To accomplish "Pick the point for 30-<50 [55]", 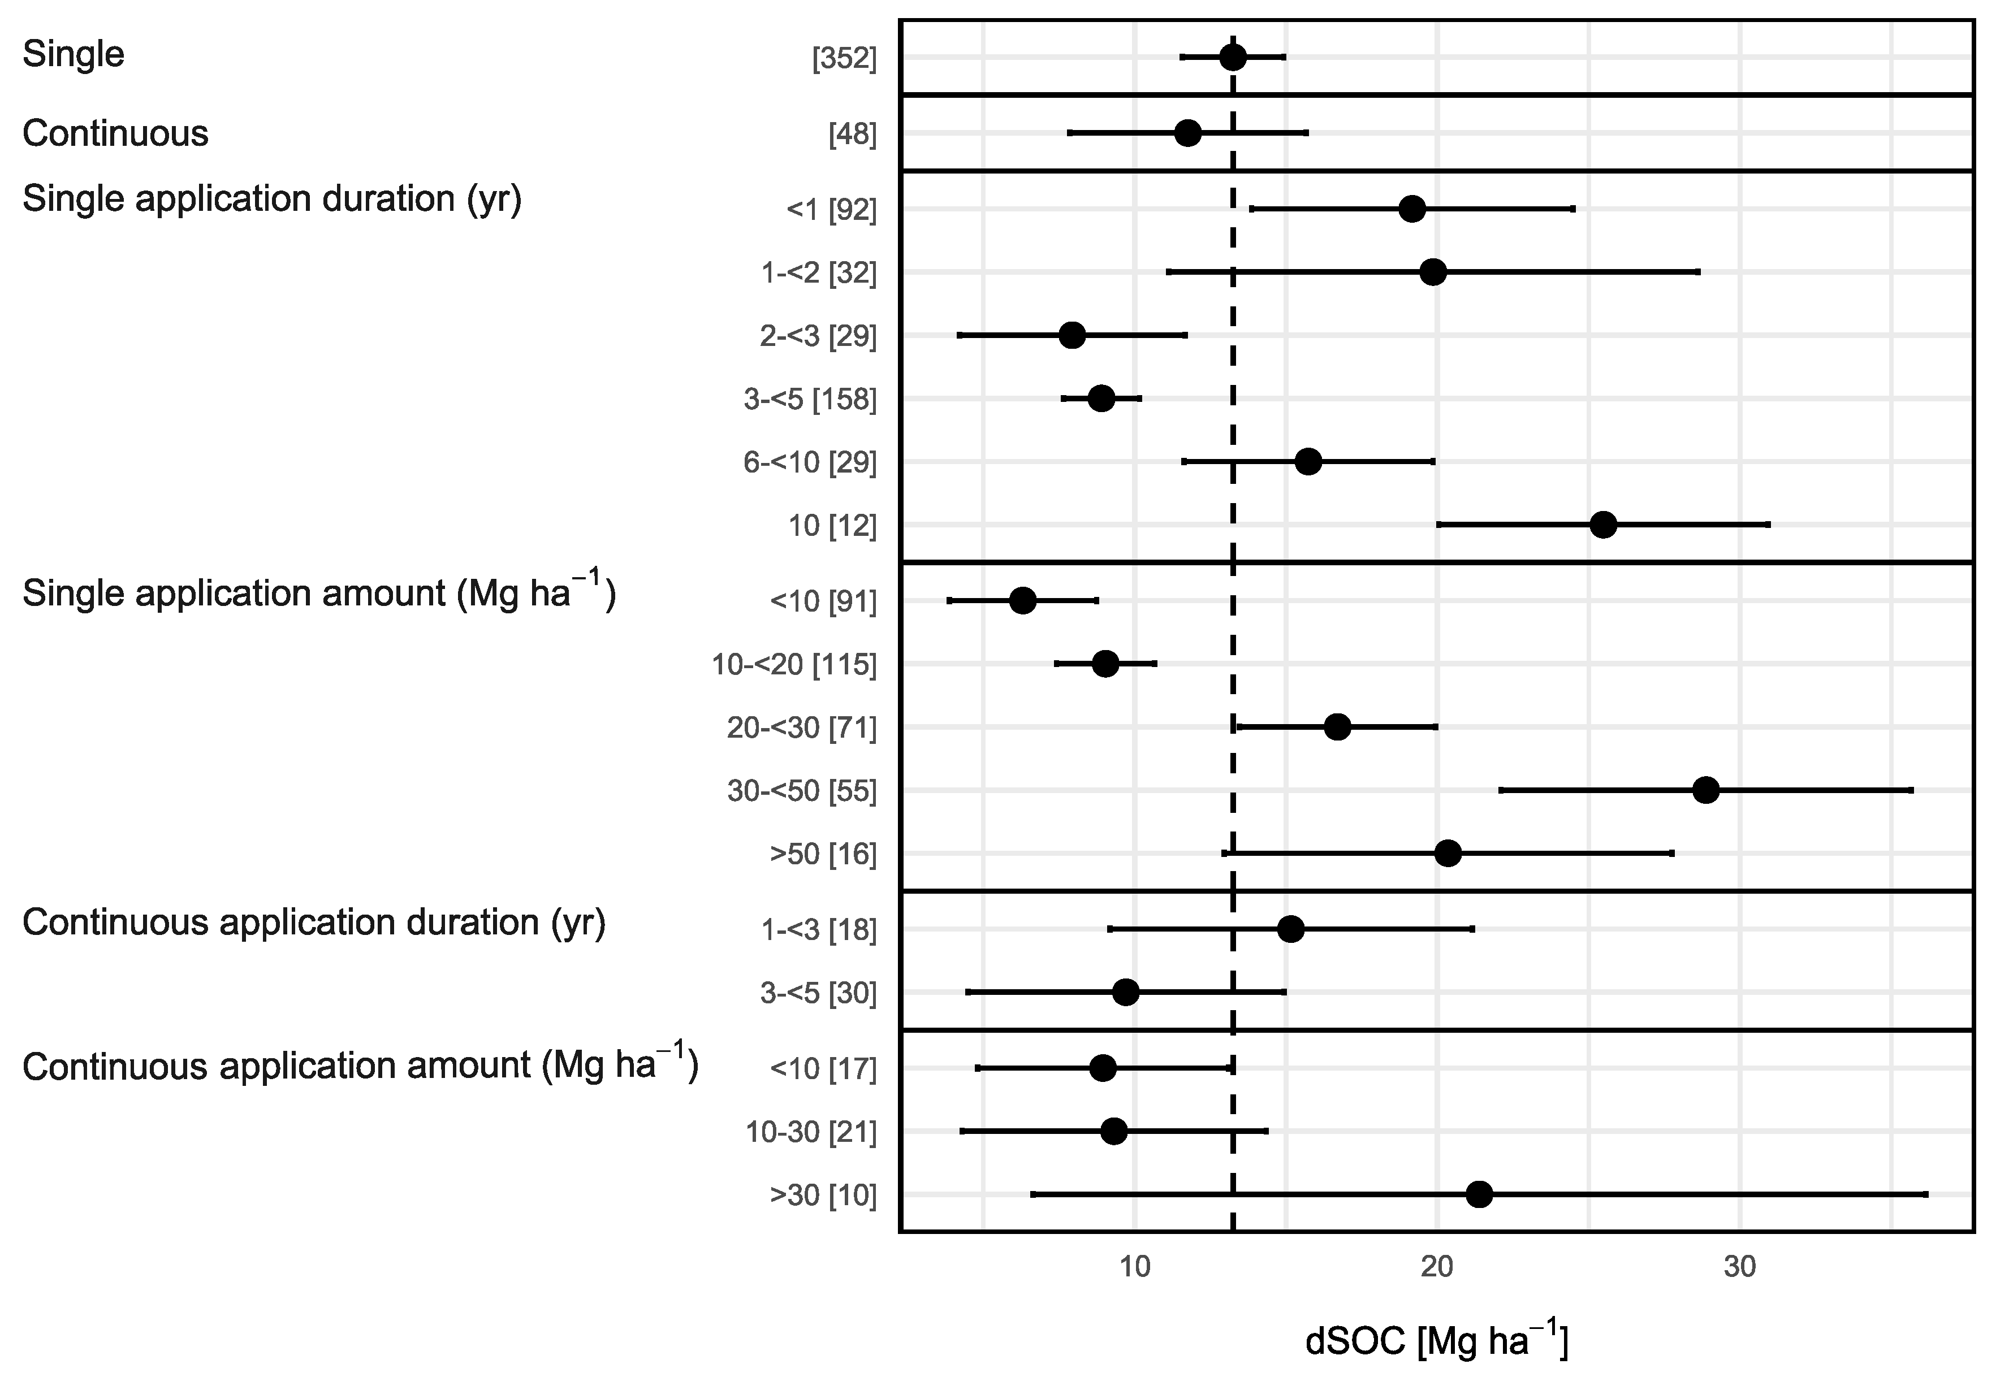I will (1706, 790).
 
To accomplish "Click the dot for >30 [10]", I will (1479, 1195).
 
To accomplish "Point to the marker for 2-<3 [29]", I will (1072, 336).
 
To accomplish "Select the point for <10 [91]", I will (1022, 600).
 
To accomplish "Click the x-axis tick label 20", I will (1437, 1267).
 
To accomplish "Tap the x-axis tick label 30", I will (1740, 1267).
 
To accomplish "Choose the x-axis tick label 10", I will (1135, 1267).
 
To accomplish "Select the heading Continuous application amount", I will (360, 1067).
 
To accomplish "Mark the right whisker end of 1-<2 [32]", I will (1698, 272).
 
